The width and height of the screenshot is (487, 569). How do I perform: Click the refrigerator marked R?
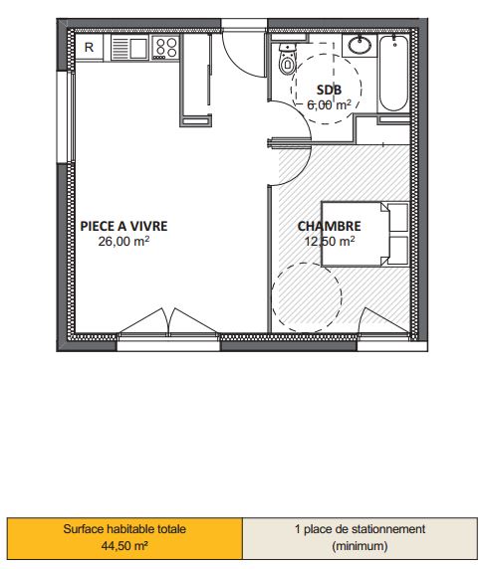(x=89, y=47)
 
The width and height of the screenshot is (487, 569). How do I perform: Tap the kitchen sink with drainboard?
(x=129, y=48)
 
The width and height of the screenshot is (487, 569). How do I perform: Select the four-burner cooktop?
(x=165, y=48)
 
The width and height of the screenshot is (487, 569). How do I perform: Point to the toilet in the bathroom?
(x=287, y=60)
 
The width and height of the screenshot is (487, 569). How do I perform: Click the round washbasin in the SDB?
(x=360, y=45)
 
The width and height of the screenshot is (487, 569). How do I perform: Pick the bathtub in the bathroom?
(x=393, y=74)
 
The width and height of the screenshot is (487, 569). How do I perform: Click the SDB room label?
(x=329, y=90)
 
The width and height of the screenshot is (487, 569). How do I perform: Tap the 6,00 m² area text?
(x=329, y=104)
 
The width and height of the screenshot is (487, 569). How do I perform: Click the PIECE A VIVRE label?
(x=123, y=226)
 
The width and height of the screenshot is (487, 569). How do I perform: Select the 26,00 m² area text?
(x=123, y=242)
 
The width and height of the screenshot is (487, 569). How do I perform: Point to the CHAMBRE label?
(x=329, y=226)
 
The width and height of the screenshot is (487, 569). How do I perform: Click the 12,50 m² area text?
(x=330, y=242)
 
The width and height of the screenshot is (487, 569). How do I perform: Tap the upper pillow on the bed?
(x=398, y=218)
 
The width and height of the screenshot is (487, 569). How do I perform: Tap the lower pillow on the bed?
(x=398, y=251)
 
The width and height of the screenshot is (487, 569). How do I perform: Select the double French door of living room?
(x=168, y=320)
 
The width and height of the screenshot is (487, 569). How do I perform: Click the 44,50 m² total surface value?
(x=124, y=545)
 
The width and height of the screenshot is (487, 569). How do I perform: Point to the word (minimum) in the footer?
(x=360, y=545)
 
